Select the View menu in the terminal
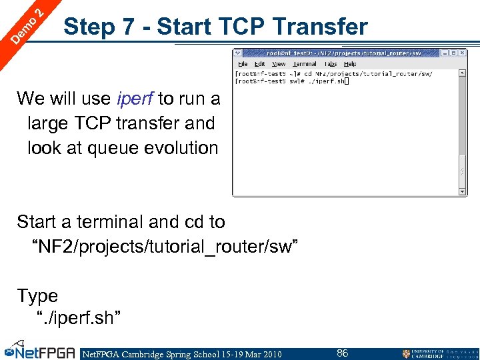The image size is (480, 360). coord(279,64)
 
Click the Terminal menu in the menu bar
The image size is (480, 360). coord(305,64)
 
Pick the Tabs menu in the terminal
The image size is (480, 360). coord(331,64)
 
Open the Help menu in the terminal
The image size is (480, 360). coord(350,64)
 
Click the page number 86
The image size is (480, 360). coord(342,353)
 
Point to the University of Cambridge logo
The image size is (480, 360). coord(439,353)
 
